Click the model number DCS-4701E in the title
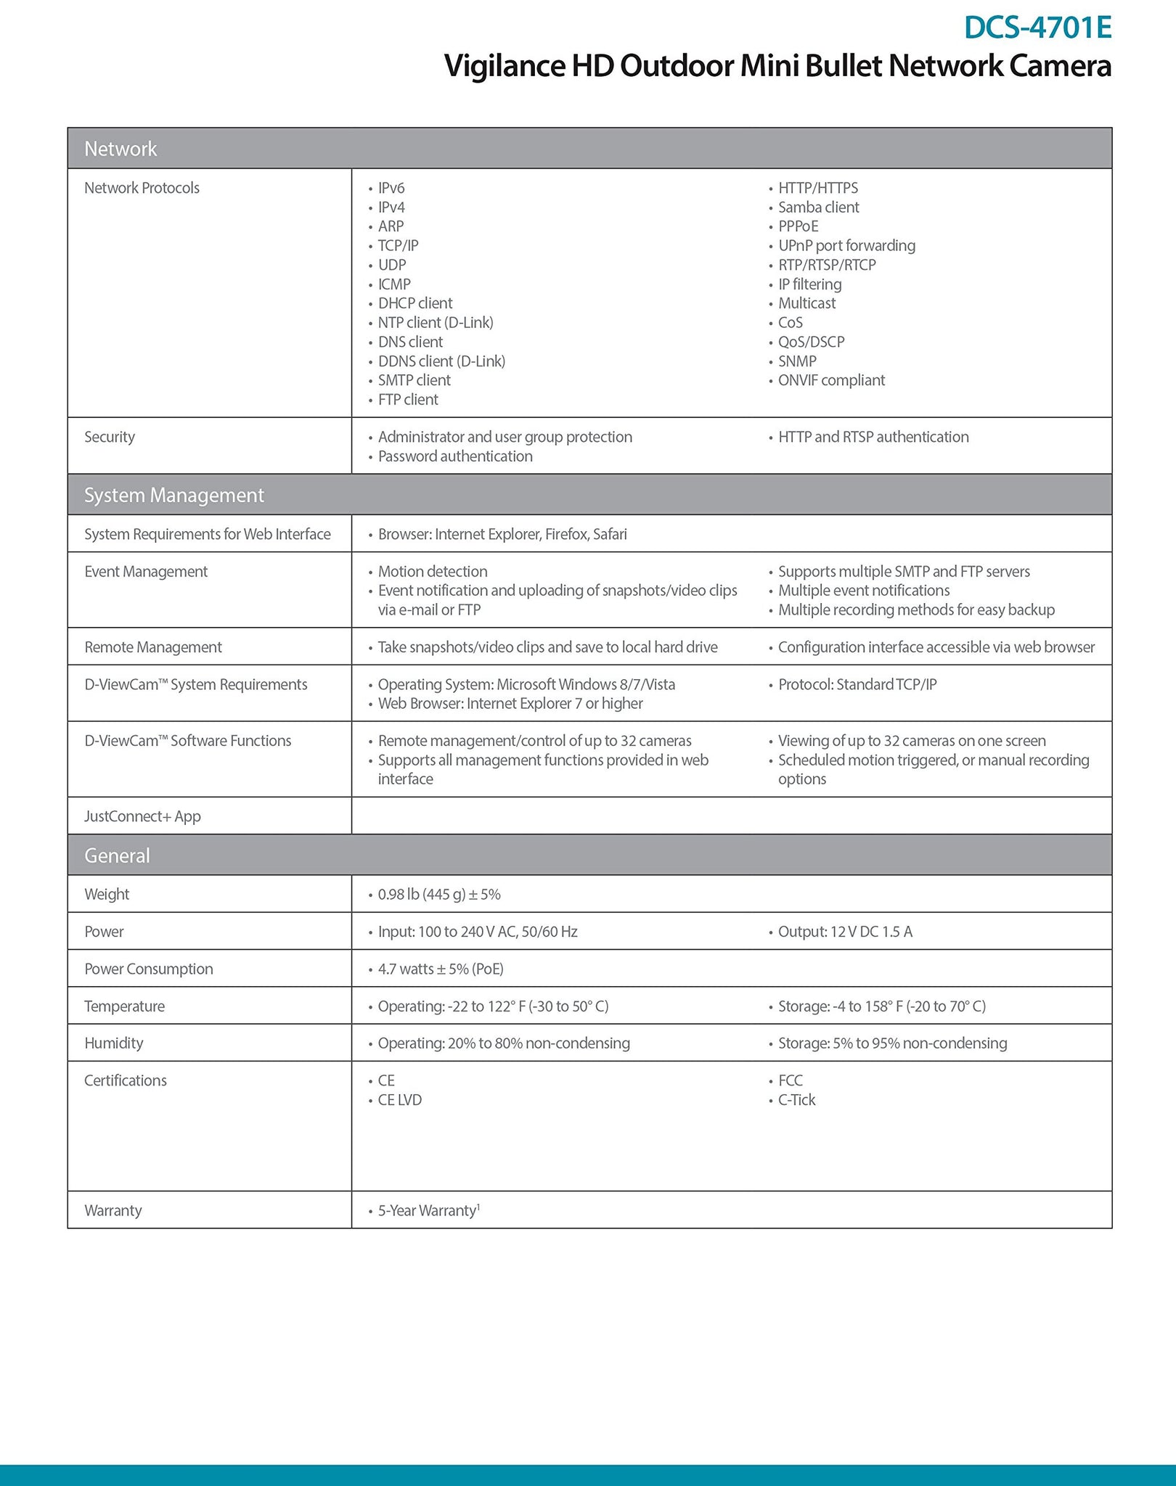tap(1037, 28)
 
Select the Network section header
tap(121, 149)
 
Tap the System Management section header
tap(174, 495)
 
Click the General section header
tap(117, 855)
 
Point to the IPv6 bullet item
tap(391, 188)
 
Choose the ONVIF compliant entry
tap(831, 380)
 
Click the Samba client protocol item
tap(818, 208)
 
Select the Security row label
tap(110, 437)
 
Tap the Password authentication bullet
tap(455, 456)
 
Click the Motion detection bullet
tap(433, 572)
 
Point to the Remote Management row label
tap(153, 647)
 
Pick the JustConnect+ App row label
tap(142, 816)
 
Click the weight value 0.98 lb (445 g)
tap(439, 895)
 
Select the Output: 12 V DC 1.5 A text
tap(845, 932)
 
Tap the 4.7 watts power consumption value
tap(441, 969)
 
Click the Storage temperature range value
tap(881, 1006)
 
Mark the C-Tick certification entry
tap(796, 1100)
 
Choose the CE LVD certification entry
tap(399, 1100)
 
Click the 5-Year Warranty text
tap(428, 1210)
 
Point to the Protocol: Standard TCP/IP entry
tap(857, 684)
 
